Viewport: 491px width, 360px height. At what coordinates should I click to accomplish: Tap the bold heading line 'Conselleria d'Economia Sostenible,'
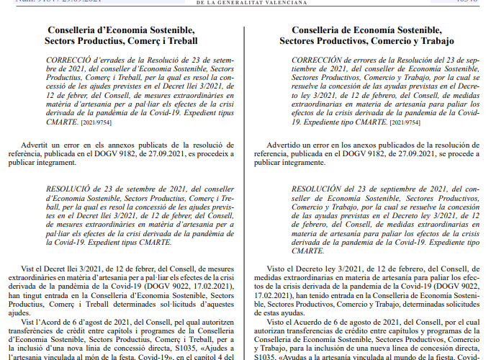[x=121, y=30]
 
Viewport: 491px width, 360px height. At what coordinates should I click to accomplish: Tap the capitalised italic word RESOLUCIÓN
[x=319, y=189]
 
